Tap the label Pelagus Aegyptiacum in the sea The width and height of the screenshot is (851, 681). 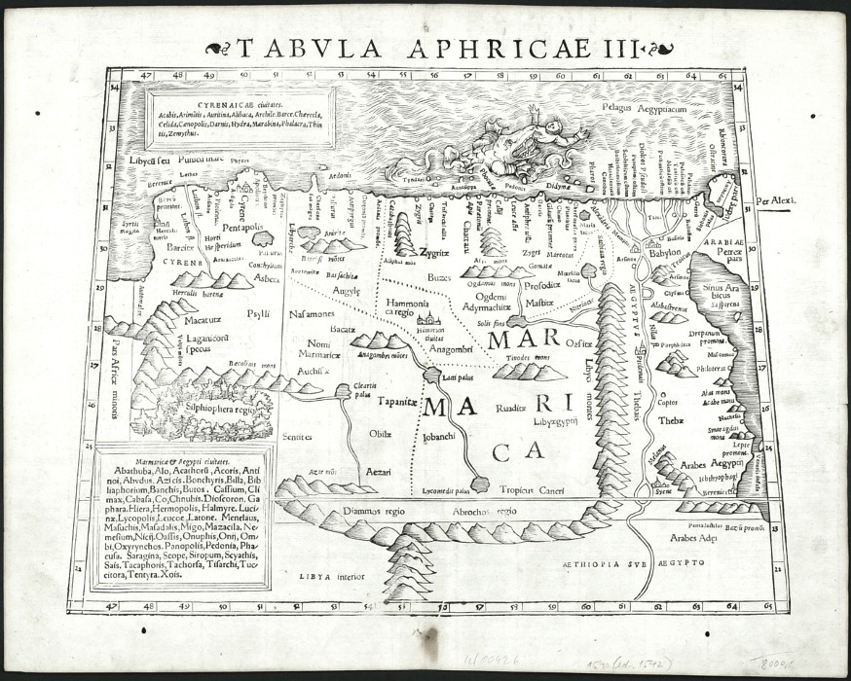[x=645, y=110]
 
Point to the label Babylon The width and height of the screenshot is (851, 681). [x=665, y=253]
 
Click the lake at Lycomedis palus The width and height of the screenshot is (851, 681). [x=479, y=484]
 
